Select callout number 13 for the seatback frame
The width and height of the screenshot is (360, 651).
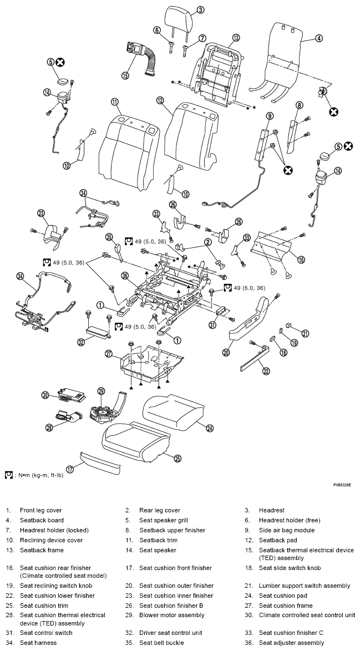236,38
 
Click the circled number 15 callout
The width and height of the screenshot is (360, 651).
125,75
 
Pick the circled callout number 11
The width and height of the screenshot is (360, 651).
115,101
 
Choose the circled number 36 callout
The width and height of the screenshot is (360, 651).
124,275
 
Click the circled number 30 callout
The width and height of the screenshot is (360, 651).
45,395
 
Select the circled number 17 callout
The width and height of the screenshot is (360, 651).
70,469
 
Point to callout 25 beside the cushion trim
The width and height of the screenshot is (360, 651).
178,459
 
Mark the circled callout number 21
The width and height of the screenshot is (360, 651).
306,333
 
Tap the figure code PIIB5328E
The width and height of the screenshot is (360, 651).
342,485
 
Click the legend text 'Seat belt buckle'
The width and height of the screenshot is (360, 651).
163,643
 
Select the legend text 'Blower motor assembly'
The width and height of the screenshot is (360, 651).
172,615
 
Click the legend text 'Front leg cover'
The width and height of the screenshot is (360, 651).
40,510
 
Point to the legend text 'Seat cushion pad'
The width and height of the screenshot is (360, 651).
283,596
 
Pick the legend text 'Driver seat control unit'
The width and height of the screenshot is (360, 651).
171,633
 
